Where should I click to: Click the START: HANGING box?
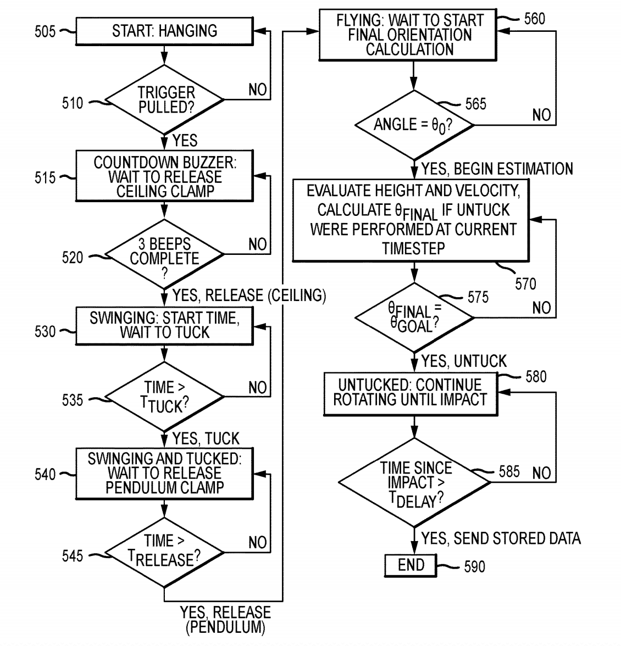tap(164, 31)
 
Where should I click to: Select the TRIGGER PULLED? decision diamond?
tap(164, 100)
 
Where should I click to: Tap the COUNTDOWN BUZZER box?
tap(164, 176)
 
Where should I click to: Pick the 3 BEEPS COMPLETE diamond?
tap(164, 254)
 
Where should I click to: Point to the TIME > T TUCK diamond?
tap(164, 396)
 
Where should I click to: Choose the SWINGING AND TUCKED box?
tap(164, 473)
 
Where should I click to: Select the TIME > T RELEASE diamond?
tap(164, 551)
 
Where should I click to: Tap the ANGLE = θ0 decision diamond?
tap(413, 125)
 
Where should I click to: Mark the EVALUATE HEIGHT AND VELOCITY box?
tap(412, 220)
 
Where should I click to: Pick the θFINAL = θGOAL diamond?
tap(413, 317)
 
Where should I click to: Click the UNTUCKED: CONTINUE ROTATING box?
tap(411, 393)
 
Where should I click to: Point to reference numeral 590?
tap(474, 567)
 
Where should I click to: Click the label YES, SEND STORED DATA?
tap(501, 538)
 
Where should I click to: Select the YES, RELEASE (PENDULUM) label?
tap(226, 619)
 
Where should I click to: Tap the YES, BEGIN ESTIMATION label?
tap(497, 169)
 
